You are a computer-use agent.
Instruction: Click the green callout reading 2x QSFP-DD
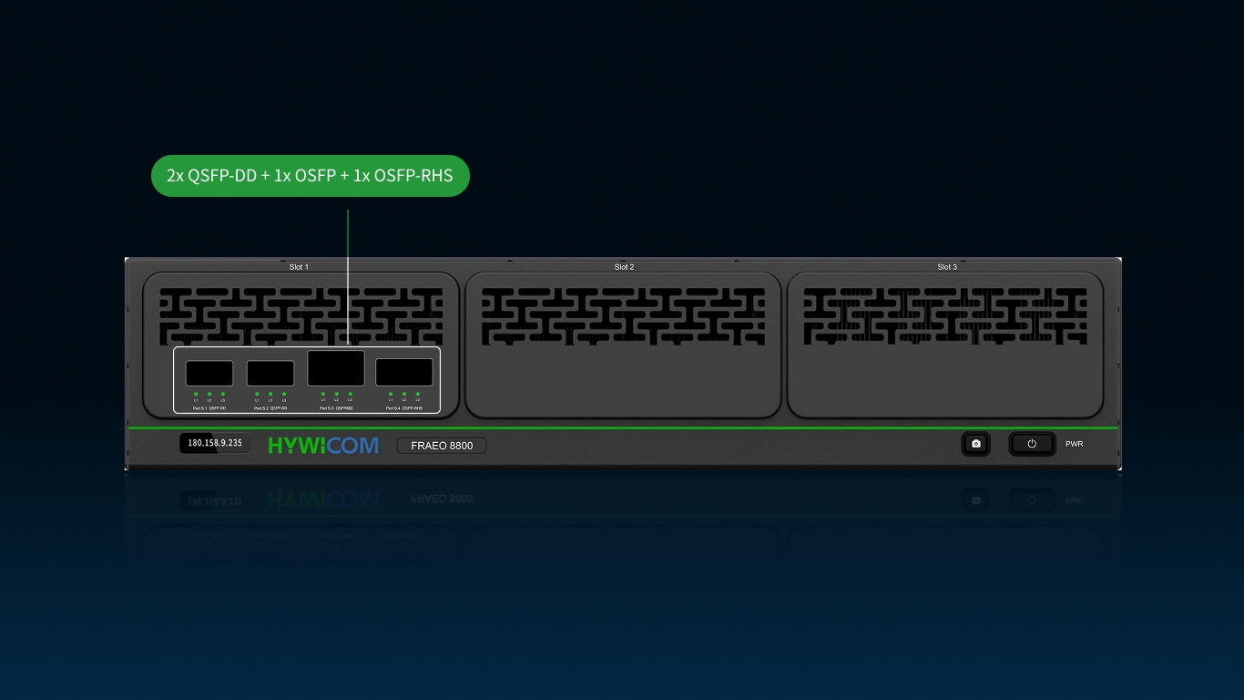[310, 176]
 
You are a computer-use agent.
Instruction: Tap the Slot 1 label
[299, 267]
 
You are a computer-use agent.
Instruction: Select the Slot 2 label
[624, 267]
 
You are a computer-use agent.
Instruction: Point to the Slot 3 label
[947, 267]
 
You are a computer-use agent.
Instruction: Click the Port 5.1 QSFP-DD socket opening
[209, 374]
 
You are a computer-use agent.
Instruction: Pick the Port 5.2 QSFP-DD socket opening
[270, 374]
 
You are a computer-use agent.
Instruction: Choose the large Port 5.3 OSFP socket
[336, 368]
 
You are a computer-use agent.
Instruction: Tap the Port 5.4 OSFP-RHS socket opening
[404, 373]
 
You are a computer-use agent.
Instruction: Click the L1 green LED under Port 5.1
[196, 394]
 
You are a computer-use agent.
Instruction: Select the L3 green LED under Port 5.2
[284, 394]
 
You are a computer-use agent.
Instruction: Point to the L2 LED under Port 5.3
[336, 394]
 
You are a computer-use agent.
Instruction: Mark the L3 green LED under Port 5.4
[418, 394]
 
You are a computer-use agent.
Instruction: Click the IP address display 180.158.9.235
[215, 444]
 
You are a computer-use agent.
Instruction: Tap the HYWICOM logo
[323, 446]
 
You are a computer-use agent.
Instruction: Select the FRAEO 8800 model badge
[442, 446]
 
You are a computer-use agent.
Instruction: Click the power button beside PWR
[1032, 444]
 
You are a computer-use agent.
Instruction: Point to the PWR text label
[1075, 445]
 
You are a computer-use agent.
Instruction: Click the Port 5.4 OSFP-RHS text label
[404, 409]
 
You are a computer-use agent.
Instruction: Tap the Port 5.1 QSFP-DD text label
[209, 409]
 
